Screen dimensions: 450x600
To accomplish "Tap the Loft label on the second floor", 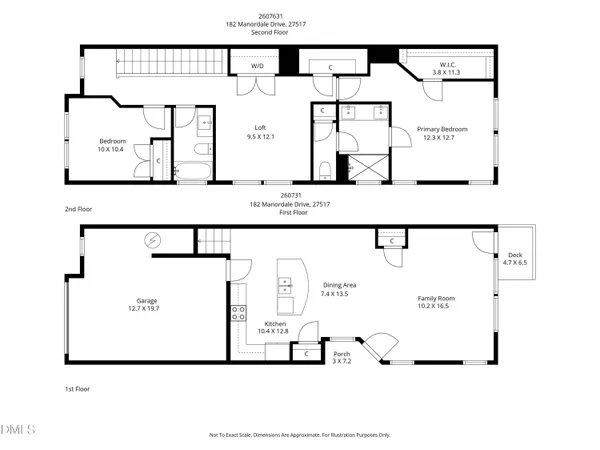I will point(260,130).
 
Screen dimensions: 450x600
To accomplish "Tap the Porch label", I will point(342,357).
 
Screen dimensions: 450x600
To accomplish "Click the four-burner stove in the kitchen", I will point(239,318).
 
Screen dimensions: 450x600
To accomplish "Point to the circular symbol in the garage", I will point(153,239).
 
